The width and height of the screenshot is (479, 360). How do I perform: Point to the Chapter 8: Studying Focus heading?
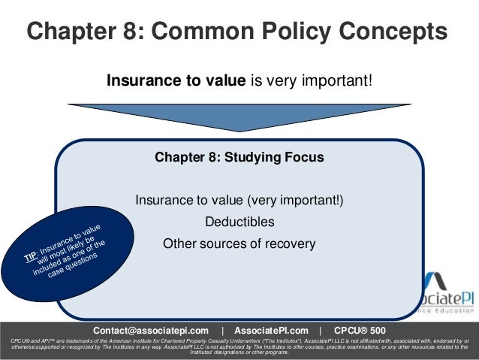[x=239, y=158]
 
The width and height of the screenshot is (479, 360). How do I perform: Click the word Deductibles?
[x=239, y=222]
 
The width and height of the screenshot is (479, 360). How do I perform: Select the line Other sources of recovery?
[x=239, y=244]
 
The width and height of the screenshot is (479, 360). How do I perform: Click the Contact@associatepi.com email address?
[x=150, y=331]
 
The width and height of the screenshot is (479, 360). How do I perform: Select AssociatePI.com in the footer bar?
[x=271, y=331]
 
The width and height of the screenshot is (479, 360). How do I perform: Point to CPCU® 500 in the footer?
[x=359, y=331]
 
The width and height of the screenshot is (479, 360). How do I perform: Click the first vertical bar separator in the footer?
[x=222, y=331]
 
